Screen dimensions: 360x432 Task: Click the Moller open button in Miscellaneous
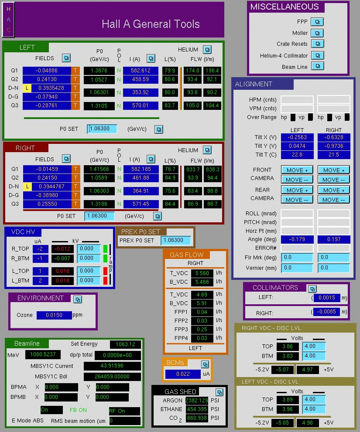click(317, 33)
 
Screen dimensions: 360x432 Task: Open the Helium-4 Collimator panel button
click(318, 55)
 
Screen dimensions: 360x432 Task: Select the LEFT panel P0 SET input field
click(102, 129)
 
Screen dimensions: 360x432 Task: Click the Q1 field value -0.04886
click(47, 71)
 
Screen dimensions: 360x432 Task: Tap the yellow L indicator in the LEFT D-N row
click(27, 88)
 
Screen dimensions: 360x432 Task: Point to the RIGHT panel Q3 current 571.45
click(141, 204)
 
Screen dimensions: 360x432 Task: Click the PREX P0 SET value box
click(176, 240)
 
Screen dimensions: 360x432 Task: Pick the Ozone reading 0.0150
click(54, 315)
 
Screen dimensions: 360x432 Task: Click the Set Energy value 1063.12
click(125, 344)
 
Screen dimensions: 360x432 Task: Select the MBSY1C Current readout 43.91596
click(112, 366)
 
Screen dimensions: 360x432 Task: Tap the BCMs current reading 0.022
click(183, 374)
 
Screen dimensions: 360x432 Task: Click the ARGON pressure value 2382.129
click(197, 400)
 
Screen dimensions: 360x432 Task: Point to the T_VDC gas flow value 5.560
click(202, 273)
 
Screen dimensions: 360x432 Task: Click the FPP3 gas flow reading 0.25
click(202, 329)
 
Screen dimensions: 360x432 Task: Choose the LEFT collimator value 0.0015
click(327, 298)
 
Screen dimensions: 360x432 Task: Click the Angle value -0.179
click(297, 239)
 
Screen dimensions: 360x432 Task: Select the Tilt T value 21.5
click(334, 155)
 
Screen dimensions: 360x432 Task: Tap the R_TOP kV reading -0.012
click(62, 249)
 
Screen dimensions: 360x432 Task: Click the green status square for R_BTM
click(105, 259)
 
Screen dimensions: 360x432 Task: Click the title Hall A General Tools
click(151, 24)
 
